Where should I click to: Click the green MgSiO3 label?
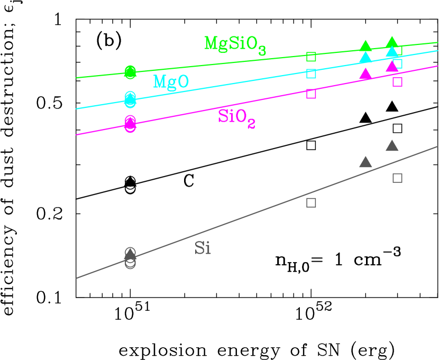[x=234, y=44]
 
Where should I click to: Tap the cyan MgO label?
[x=171, y=82]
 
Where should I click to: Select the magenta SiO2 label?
[x=236, y=117]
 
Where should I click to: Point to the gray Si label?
[x=203, y=248]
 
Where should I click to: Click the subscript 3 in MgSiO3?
[x=262, y=51]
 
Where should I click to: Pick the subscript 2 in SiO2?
[x=251, y=124]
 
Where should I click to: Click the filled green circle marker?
[x=130, y=71]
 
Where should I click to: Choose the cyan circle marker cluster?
[x=130, y=98]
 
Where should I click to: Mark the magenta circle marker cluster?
[x=130, y=124]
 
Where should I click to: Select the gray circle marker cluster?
[x=130, y=257]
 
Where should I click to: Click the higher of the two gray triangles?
[x=392, y=146]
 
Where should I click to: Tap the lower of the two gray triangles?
[x=365, y=162]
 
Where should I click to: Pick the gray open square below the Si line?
[x=311, y=202]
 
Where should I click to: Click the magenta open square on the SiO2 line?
[x=311, y=94]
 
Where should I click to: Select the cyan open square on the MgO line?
[x=311, y=73]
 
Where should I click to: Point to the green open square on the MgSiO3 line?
[x=311, y=57]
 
